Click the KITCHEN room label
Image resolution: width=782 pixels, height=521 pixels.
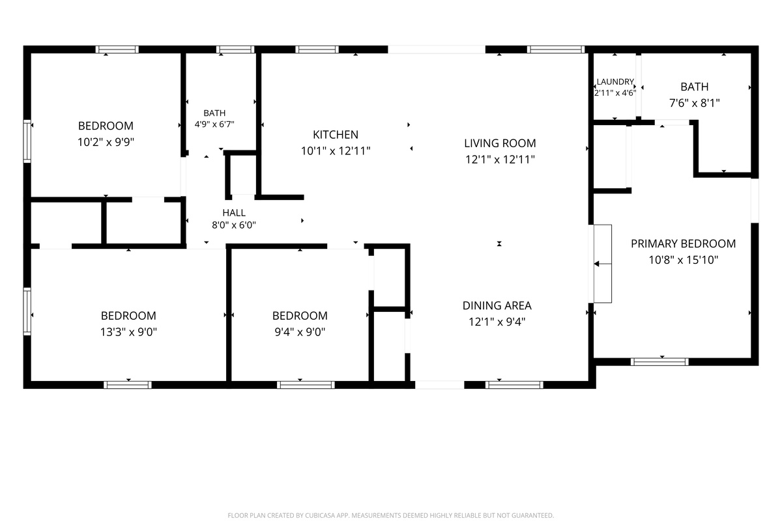pos(336,134)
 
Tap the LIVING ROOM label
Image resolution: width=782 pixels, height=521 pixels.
pos(500,143)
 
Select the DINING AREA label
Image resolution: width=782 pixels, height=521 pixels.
pos(497,305)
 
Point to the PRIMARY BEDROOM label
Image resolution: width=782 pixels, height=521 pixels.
pos(683,244)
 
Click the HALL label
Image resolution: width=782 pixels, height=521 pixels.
pos(234,212)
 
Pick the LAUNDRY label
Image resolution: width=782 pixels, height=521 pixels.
pos(615,81)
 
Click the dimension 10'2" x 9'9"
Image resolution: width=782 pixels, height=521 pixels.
pos(106,142)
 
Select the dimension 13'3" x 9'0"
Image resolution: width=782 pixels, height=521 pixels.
pos(128,332)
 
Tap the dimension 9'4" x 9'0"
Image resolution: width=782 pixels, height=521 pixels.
pos(300,332)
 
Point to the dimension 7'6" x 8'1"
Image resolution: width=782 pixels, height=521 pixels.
pos(695,103)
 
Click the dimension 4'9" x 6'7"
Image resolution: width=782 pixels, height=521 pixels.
pos(214,124)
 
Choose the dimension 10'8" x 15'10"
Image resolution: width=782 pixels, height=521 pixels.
pos(683,260)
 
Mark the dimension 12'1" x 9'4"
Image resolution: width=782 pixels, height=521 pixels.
pos(497,322)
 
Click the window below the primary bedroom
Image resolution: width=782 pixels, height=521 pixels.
pos(659,362)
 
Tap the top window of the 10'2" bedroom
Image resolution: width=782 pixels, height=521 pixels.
pos(117,49)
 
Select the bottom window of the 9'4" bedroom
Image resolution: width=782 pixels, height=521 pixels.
pos(306,385)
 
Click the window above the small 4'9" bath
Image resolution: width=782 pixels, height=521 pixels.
pos(235,49)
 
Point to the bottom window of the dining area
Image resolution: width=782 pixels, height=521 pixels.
pos(514,385)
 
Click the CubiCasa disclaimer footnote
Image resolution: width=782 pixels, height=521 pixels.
pos(390,515)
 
